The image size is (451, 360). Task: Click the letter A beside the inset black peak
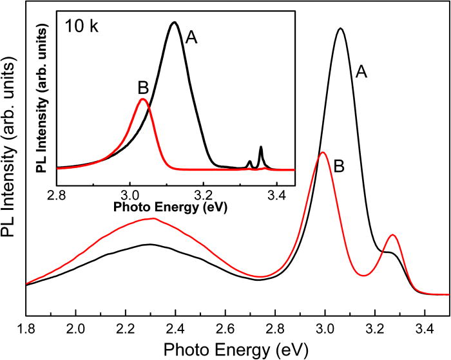click(191, 38)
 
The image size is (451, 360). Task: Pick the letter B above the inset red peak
click(144, 87)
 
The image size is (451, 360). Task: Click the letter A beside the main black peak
click(362, 73)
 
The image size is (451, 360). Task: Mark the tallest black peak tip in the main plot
click(341, 28)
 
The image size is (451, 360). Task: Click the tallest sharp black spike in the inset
click(260, 147)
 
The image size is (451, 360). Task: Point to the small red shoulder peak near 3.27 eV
click(392, 236)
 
